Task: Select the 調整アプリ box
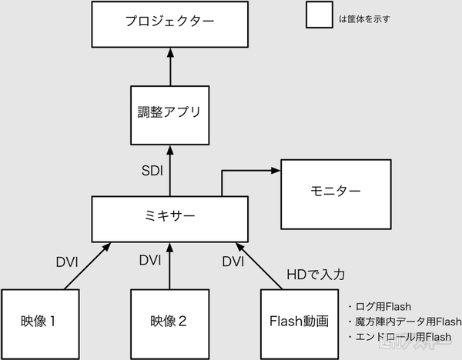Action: coord(169,115)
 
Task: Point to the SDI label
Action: coord(151,171)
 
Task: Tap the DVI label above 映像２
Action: coord(150,260)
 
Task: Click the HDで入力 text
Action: coord(312,273)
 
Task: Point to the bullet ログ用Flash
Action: coord(384,305)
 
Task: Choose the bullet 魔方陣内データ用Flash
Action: coord(404,321)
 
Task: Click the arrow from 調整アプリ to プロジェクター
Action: coord(169,69)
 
